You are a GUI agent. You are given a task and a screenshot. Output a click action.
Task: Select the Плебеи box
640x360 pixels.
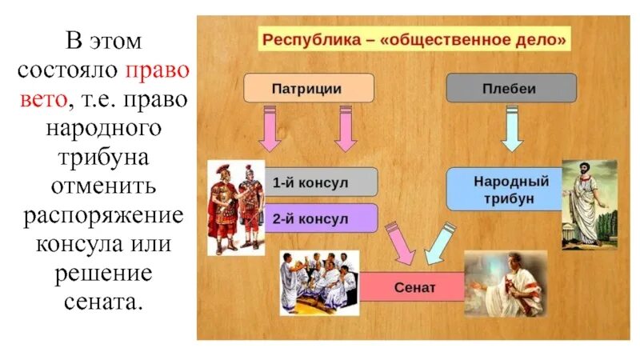coord(510,87)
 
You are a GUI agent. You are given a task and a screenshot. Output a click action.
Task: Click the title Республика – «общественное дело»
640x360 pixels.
coord(414,38)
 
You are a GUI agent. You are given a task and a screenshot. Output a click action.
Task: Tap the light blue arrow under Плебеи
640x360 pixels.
coord(511,129)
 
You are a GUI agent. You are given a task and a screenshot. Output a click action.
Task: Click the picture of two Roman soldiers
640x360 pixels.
coord(236,206)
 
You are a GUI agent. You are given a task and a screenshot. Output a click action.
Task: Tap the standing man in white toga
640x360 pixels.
coord(589,205)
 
